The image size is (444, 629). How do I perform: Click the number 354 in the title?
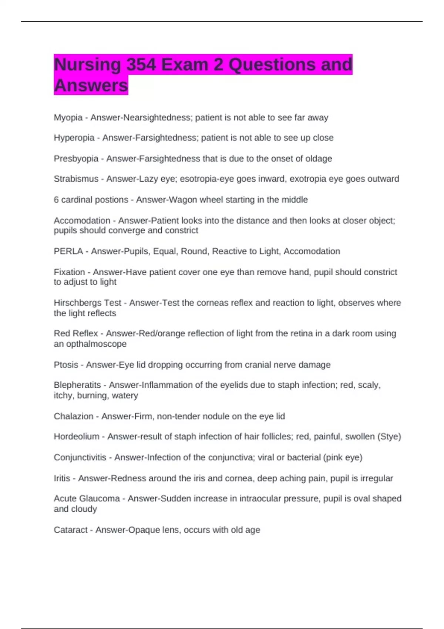click(141, 65)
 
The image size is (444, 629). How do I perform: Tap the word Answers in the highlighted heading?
click(91, 85)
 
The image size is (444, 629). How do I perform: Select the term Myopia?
click(68, 118)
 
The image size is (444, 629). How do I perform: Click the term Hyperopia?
click(74, 138)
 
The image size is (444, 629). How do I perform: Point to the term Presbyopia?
click(76, 159)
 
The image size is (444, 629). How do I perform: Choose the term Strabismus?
click(76, 179)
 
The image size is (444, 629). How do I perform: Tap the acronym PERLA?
click(68, 251)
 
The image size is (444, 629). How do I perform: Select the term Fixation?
click(69, 272)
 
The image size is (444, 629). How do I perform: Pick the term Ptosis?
click(66, 365)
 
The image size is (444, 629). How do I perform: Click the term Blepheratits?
click(77, 385)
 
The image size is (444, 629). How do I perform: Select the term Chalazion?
click(73, 416)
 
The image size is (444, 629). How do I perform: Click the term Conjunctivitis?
click(80, 458)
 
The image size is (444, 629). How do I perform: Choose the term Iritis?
click(62, 478)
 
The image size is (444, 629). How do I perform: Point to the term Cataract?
click(70, 530)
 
